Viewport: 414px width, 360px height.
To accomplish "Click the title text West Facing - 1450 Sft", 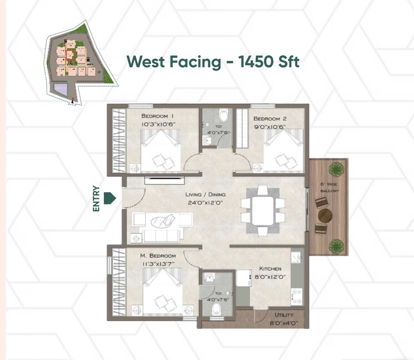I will [x=213, y=62].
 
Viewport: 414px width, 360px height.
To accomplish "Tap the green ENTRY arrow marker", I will [x=110, y=198].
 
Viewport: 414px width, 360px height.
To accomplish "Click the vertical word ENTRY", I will [x=96, y=198].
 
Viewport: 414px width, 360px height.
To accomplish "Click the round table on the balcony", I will [x=325, y=216].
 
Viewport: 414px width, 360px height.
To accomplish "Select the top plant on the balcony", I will [x=336, y=168].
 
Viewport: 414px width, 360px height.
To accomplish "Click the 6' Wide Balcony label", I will [x=328, y=187].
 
